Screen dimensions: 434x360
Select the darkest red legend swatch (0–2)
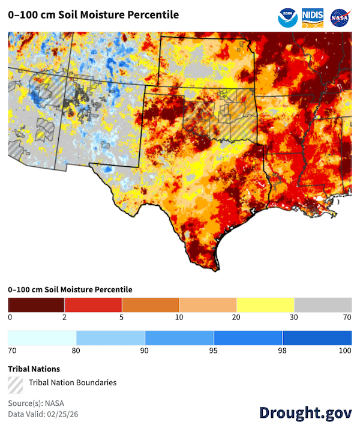[x=36, y=304]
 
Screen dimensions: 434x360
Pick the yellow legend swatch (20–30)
[x=265, y=304]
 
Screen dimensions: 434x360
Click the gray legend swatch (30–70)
[x=323, y=304]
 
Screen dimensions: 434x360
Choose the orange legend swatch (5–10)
[x=151, y=304]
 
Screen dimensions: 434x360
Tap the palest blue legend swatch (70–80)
[x=42, y=338]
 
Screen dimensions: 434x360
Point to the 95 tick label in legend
[x=214, y=351]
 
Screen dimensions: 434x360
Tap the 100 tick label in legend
[x=345, y=351]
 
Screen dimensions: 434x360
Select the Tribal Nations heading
[x=34, y=369]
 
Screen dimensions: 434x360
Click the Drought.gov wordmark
[x=305, y=412]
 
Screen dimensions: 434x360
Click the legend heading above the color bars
[x=70, y=290]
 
